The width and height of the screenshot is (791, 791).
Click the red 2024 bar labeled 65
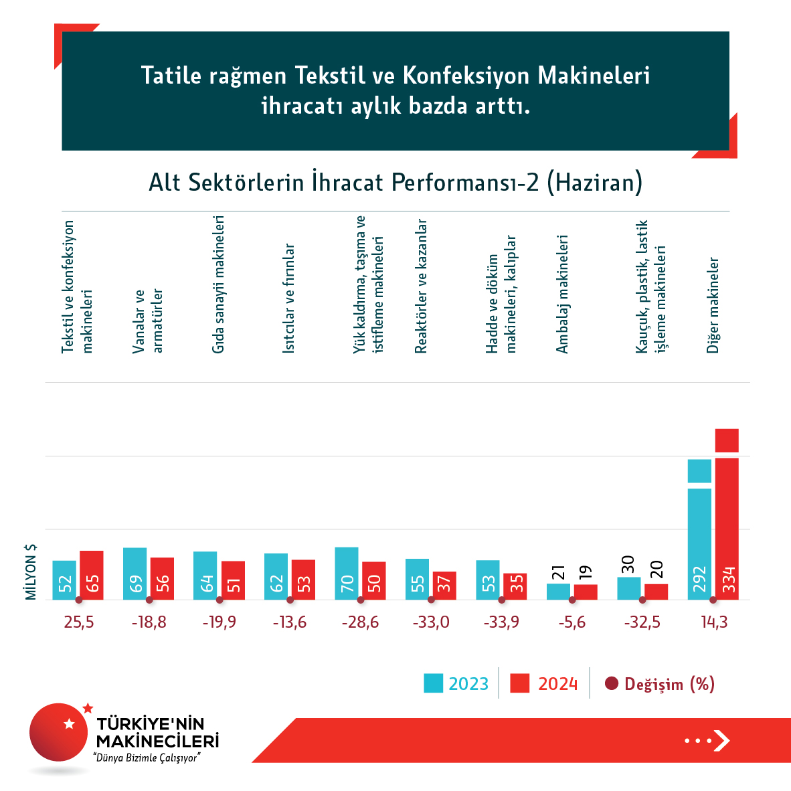92,576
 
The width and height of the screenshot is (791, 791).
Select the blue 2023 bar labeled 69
135,574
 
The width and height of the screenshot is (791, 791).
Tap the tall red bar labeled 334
727,522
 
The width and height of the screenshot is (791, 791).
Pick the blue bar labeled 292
699,535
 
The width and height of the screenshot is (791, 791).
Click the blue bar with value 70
347,574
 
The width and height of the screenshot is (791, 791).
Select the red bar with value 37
444,586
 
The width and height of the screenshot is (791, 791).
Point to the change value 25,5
79,622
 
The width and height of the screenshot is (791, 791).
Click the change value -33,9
501,622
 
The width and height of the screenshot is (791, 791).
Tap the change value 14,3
714,622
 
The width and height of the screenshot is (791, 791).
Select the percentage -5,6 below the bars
572,622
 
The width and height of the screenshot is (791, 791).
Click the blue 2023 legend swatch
433,683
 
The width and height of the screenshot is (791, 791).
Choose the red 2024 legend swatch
519,683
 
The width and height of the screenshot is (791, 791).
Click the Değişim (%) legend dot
611,684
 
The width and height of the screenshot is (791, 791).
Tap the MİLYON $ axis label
31,572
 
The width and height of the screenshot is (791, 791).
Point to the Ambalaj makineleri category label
562,294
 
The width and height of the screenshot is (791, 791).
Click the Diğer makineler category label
713,304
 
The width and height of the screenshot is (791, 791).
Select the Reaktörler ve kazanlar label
421,286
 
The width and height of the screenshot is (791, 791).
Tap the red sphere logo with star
59,731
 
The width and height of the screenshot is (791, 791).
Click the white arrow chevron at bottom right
721,740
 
